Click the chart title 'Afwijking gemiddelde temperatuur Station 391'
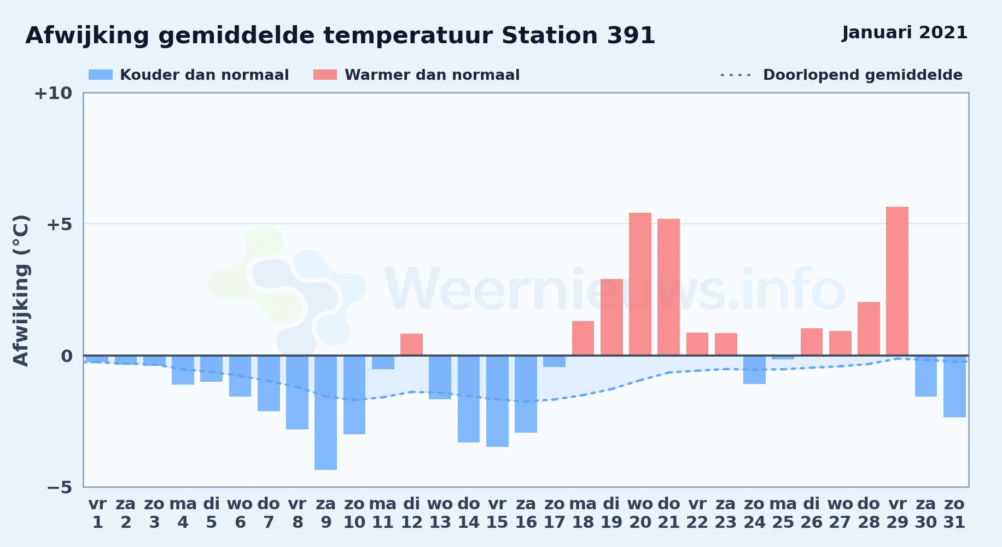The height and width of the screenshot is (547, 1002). tap(340, 36)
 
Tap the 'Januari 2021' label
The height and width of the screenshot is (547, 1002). tap(905, 33)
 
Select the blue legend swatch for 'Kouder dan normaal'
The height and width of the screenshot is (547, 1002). tap(101, 75)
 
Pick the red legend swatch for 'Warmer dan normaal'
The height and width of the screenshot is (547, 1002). tap(325, 75)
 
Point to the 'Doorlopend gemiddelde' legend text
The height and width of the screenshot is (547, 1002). tap(863, 75)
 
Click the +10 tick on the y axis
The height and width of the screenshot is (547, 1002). tap(53, 93)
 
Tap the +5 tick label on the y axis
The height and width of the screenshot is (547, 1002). tap(59, 224)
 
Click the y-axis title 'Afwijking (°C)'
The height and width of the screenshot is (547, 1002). tap(21, 290)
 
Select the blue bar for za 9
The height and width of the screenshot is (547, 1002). tap(325, 412)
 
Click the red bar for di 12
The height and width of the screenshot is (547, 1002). tap(411, 345)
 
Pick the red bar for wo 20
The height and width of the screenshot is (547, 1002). tap(640, 284)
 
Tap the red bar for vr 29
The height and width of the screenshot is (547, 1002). tap(897, 281)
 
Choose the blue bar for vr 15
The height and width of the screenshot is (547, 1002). tap(497, 401)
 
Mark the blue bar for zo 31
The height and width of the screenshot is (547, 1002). tap(954, 386)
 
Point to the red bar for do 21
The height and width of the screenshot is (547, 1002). tap(668, 287)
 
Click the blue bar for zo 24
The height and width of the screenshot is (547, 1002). tap(754, 370)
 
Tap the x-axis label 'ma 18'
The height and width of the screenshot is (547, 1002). tap(583, 513)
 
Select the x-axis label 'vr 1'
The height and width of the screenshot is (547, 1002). tap(97, 513)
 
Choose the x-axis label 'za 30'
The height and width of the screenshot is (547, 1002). tap(926, 513)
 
